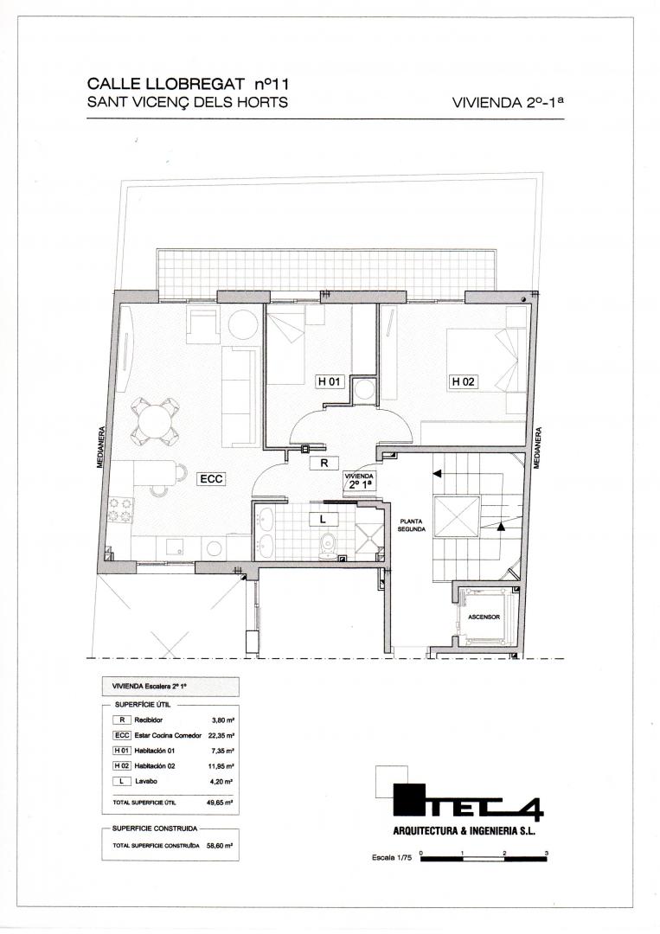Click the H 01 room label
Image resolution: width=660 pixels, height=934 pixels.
pyautogui.click(x=330, y=381)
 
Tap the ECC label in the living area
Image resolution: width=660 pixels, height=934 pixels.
pyautogui.click(x=211, y=477)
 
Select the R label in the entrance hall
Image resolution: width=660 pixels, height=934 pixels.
pyautogui.click(x=324, y=463)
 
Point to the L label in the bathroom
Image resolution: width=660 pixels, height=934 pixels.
pyautogui.click(x=323, y=520)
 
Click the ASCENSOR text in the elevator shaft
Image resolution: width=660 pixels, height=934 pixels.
pyautogui.click(x=484, y=617)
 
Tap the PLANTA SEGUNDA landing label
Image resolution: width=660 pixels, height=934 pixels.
pyautogui.click(x=412, y=525)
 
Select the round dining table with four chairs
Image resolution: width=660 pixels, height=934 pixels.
pyautogui.click(x=156, y=421)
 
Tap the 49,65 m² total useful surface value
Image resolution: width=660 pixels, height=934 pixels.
pyautogui.click(x=219, y=803)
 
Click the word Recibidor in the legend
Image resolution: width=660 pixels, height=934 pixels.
pyautogui.click(x=148, y=720)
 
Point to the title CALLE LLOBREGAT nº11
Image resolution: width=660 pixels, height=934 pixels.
pyautogui.click(x=188, y=84)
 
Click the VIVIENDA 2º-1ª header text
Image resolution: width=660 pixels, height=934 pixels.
pyautogui.click(x=508, y=102)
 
